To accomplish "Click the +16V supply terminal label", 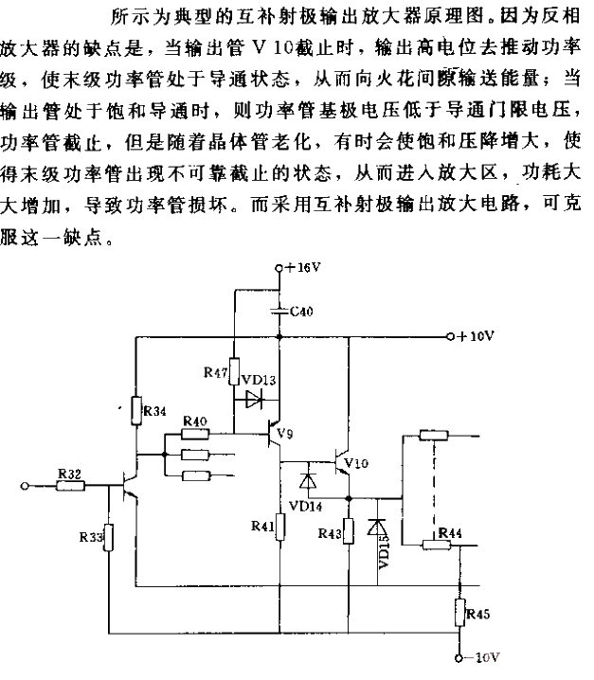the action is [302, 268].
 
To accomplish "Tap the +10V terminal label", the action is [476, 336].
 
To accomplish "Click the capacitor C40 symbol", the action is [279, 311].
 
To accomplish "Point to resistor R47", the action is [234, 371].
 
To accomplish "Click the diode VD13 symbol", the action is [254, 400].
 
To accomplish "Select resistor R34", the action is [136, 410].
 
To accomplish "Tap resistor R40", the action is [195, 433].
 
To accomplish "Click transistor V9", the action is [274, 433].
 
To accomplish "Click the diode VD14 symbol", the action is [308, 481].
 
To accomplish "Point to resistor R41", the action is [279, 527].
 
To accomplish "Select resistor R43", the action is [349, 531].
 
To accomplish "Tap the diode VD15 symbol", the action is [377, 528].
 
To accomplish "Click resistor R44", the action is [437, 545].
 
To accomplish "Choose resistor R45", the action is [459, 612].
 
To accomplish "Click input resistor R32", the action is [70, 485].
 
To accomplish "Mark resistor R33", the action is [108, 537].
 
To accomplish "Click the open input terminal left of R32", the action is [25, 486].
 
